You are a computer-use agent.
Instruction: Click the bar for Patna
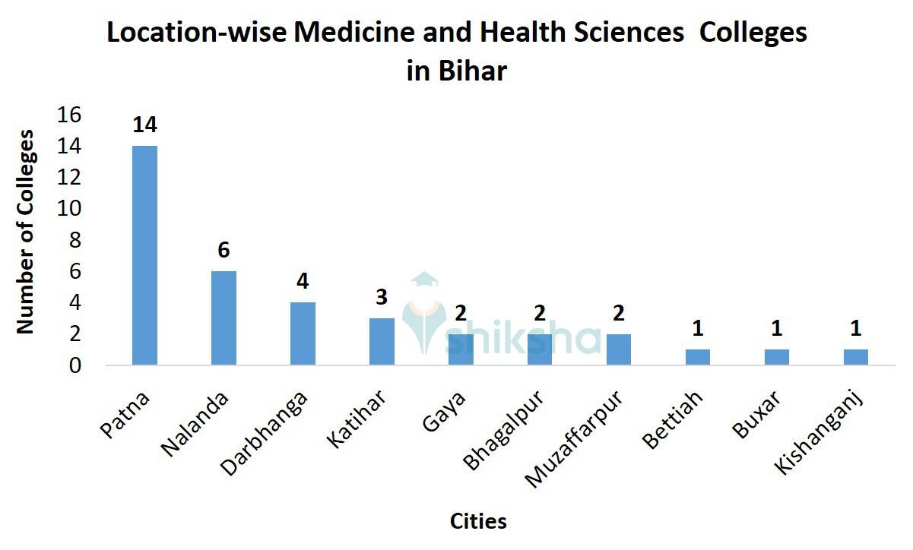click(x=144, y=255)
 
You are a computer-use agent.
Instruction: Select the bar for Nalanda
click(x=223, y=318)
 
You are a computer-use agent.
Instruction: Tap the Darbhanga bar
click(x=303, y=333)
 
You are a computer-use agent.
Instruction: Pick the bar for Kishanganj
click(x=855, y=357)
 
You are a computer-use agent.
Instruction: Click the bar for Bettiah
click(x=697, y=357)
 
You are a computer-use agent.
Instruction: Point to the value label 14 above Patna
click(x=144, y=125)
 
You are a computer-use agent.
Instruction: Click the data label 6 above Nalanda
click(x=223, y=250)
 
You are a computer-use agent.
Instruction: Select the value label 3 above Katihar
click(x=382, y=297)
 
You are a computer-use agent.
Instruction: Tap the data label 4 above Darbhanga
click(x=303, y=281)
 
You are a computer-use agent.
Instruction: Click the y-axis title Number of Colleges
click(x=26, y=232)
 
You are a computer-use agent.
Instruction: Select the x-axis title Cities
click(x=478, y=522)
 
